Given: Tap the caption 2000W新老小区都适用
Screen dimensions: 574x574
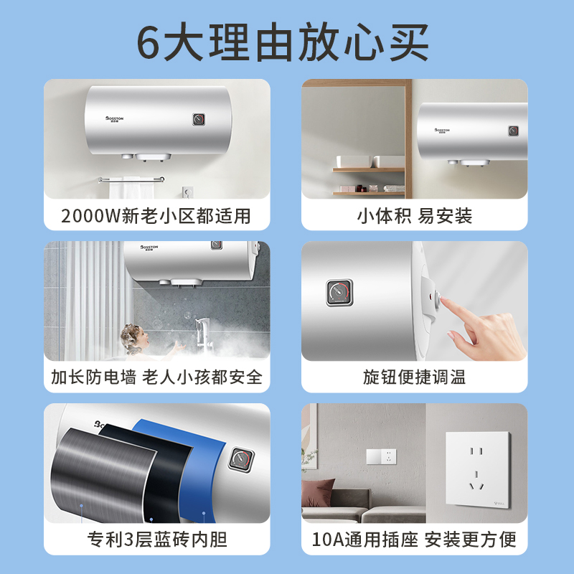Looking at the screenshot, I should [x=156, y=215].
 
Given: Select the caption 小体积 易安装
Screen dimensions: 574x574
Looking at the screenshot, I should [x=414, y=215].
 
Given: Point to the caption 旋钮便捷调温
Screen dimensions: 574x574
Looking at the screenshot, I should [x=414, y=377].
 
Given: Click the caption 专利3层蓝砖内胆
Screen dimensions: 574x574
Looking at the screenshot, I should [x=156, y=539].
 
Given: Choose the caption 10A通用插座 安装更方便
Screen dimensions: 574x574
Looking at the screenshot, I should [x=414, y=539].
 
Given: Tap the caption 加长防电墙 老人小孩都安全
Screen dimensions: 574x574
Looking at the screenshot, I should [x=156, y=377].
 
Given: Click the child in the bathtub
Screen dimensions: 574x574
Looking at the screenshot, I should [x=132, y=337].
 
